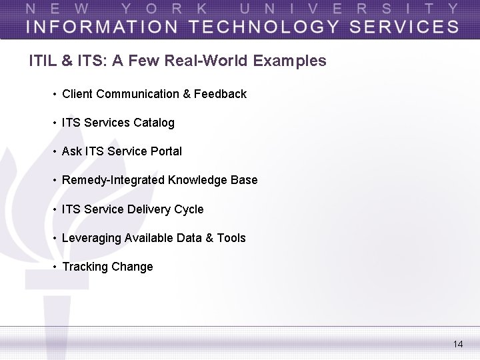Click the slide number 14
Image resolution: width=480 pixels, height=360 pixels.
pyautogui.click(x=457, y=344)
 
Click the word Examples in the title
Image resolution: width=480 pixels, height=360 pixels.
pyautogui.click(x=290, y=61)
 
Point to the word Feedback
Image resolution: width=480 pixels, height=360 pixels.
pyautogui.click(x=220, y=94)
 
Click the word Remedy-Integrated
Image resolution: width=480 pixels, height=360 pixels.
pyautogui.click(x=113, y=180)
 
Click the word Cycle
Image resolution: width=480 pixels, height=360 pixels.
pyautogui.click(x=189, y=209)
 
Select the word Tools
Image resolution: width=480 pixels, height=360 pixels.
pyautogui.click(x=231, y=238)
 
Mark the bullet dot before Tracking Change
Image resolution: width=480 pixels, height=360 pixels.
pyautogui.click(x=54, y=267)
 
